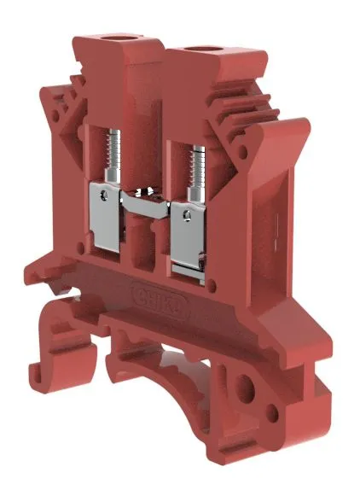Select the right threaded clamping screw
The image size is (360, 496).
point(195,162)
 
